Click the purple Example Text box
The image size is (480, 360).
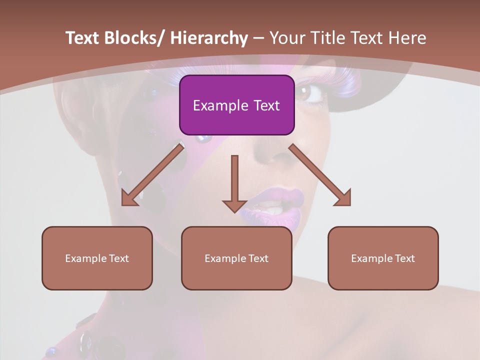tap(236, 105)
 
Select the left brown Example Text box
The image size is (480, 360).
tap(97, 258)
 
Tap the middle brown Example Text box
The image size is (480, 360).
tap(236, 258)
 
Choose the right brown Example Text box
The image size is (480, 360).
tap(383, 258)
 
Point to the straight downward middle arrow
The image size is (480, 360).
tap(234, 180)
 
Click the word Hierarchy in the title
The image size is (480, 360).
tap(208, 38)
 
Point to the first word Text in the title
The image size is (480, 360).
tap(82, 38)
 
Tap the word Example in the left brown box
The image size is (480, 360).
tap(85, 258)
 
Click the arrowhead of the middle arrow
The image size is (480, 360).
tap(234, 205)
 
